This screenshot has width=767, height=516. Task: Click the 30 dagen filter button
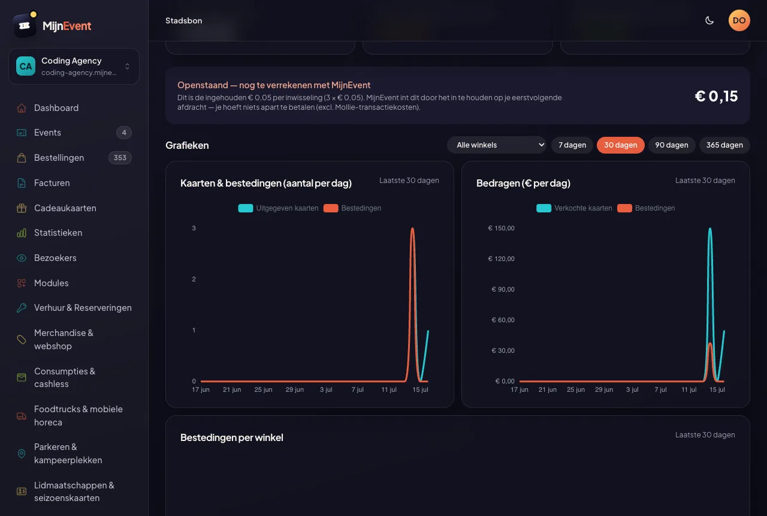[620, 145]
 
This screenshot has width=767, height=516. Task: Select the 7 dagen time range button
[572, 145]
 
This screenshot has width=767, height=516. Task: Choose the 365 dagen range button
[724, 145]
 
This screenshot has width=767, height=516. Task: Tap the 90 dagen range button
[672, 145]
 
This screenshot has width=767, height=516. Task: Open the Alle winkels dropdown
[497, 145]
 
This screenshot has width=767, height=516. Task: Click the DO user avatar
[739, 20]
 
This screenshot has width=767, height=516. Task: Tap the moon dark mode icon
[709, 20]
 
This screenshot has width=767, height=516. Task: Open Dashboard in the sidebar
[56, 107]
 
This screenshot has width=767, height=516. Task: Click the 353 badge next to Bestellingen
[120, 158]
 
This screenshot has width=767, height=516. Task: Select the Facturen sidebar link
[52, 183]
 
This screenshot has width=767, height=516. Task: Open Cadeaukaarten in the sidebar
[65, 208]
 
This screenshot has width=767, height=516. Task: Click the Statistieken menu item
[58, 233]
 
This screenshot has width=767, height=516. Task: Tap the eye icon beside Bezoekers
[22, 258]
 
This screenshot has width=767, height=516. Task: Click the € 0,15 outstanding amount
[716, 96]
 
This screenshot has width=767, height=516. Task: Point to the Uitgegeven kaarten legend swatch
[246, 208]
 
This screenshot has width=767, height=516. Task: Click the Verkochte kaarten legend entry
[574, 208]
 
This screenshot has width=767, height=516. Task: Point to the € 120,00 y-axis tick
[501, 259]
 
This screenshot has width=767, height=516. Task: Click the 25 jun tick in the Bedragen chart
[576, 389]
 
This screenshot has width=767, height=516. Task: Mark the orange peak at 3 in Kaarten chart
[413, 229]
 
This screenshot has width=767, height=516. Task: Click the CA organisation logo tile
[26, 66]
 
